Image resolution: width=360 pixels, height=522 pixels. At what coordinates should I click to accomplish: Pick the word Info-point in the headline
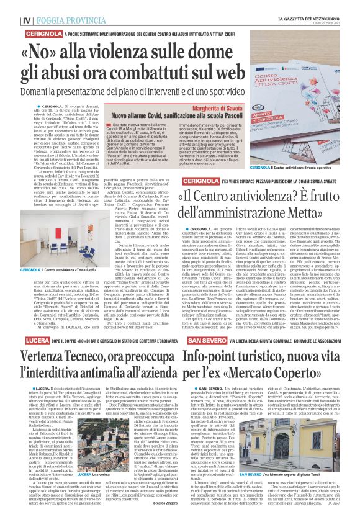coord(212,358)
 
